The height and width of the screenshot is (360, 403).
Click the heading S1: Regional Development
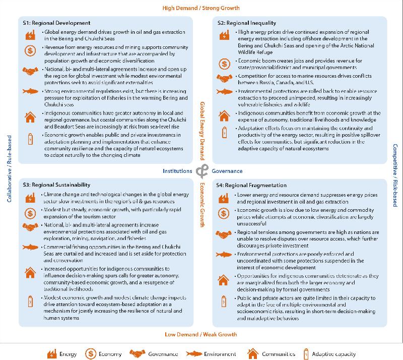(x=56, y=23)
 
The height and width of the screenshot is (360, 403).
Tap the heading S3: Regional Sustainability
(x=56, y=185)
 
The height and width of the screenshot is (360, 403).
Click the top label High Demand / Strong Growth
(x=201, y=8)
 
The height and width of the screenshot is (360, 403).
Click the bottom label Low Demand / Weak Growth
(x=201, y=334)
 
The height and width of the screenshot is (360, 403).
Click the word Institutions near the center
(x=177, y=171)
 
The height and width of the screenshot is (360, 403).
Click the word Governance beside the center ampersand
(x=227, y=171)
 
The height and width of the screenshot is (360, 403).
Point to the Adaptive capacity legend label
(x=334, y=354)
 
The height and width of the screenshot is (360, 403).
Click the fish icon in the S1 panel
(x=30, y=92)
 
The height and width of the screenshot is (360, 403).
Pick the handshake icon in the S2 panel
(x=224, y=78)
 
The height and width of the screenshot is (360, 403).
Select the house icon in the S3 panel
(x=30, y=273)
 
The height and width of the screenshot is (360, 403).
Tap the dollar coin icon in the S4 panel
(x=224, y=214)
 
